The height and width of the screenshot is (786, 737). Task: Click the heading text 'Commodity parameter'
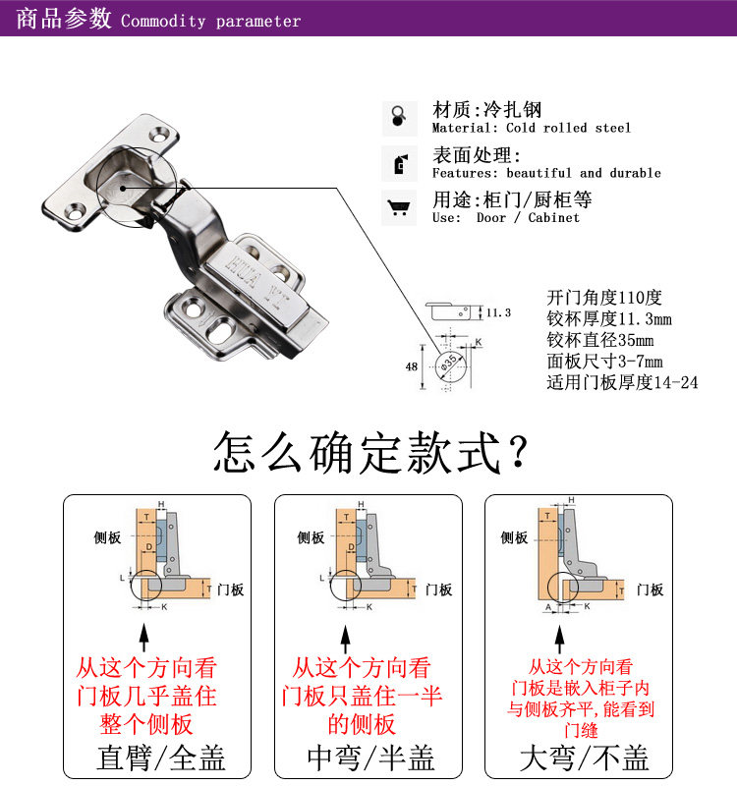point(210,21)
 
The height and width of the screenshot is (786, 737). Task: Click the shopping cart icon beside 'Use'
point(399,207)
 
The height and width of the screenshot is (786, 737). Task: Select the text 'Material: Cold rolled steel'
point(531,128)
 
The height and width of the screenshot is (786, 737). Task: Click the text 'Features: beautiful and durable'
point(546,173)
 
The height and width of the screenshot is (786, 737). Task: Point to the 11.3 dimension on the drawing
point(499,313)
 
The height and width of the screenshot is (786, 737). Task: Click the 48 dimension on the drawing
point(411,366)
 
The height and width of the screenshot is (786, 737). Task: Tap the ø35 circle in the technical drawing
point(449,365)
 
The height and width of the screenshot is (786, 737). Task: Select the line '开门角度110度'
point(604,298)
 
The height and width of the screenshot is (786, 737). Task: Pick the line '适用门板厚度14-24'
point(622,382)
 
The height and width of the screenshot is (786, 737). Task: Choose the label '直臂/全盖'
point(161,758)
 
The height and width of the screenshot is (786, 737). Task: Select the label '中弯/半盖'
point(370,758)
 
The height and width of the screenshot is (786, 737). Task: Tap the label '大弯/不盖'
point(584,758)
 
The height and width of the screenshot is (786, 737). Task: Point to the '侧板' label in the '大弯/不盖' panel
point(514,537)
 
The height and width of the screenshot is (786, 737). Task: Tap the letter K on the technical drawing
point(479,342)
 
